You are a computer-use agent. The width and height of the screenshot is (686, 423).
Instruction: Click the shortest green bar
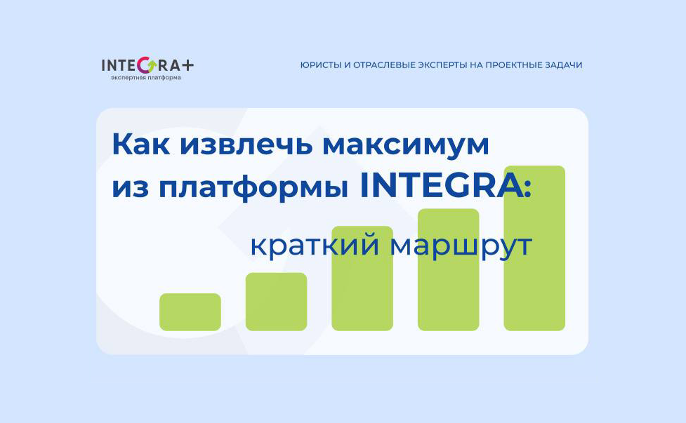pos(190,311)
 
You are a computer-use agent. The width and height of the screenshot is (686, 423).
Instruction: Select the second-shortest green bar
pos(276,301)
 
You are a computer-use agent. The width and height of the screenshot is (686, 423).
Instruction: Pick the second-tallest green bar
pos(448,269)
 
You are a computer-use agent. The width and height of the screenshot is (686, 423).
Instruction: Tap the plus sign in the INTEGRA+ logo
pos(187,65)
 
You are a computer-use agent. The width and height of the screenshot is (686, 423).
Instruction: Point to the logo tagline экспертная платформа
pos(145,78)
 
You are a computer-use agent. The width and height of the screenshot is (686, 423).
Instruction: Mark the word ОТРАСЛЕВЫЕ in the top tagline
pos(380,65)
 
